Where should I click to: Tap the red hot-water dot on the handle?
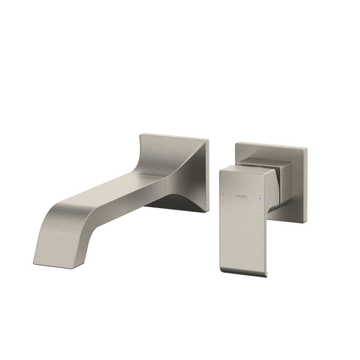(224, 195)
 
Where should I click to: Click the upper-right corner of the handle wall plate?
(308, 148)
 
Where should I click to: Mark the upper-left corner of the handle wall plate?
(235, 141)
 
